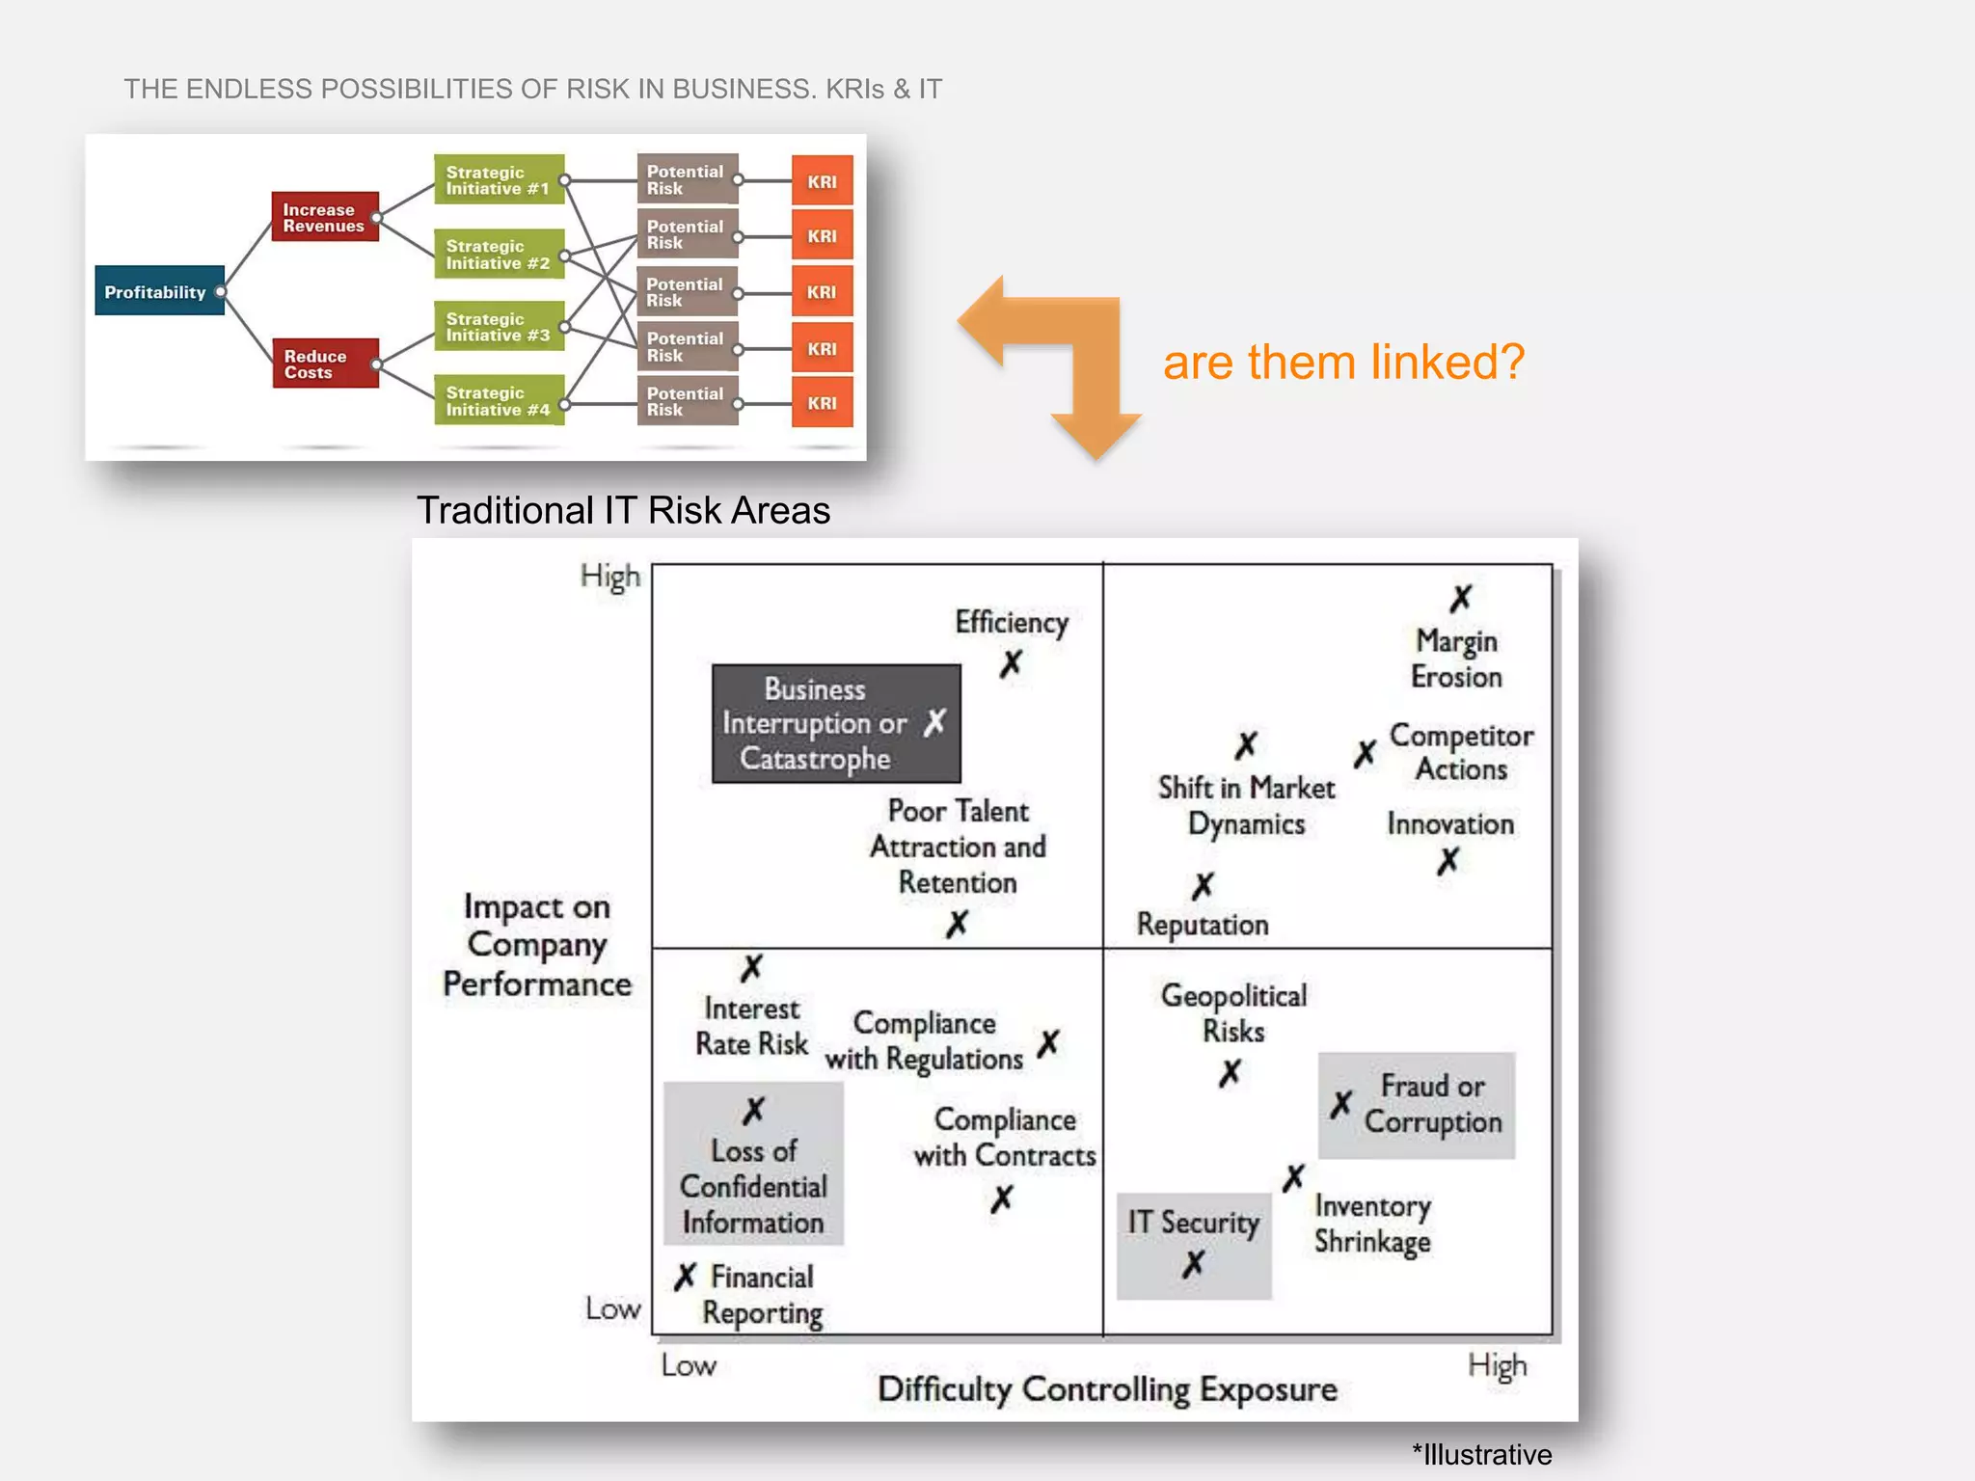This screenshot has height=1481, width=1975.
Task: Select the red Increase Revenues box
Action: point(324,217)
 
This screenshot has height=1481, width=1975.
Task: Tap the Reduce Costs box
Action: point(324,364)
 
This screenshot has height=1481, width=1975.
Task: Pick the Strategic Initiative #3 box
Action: point(498,327)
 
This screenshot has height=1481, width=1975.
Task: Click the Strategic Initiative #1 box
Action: point(498,179)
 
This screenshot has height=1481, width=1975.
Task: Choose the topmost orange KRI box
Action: point(822,180)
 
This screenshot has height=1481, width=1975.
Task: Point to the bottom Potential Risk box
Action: point(687,401)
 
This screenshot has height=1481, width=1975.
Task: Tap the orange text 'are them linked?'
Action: point(1343,363)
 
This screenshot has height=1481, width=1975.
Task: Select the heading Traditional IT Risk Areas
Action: point(623,510)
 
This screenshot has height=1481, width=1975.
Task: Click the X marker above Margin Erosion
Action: point(1460,599)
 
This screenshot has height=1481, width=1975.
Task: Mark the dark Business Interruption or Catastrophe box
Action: point(835,723)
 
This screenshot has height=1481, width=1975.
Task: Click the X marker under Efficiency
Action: point(1010,663)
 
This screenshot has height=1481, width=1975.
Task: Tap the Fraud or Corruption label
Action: point(1432,1104)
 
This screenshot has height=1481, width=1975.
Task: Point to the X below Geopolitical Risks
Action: point(1230,1073)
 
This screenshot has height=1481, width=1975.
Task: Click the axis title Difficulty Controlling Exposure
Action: point(1106,1389)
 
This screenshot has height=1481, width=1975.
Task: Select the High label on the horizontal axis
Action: point(1497,1365)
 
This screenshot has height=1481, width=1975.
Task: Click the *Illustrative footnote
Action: point(1481,1454)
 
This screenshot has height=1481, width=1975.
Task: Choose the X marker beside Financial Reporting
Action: point(685,1278)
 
